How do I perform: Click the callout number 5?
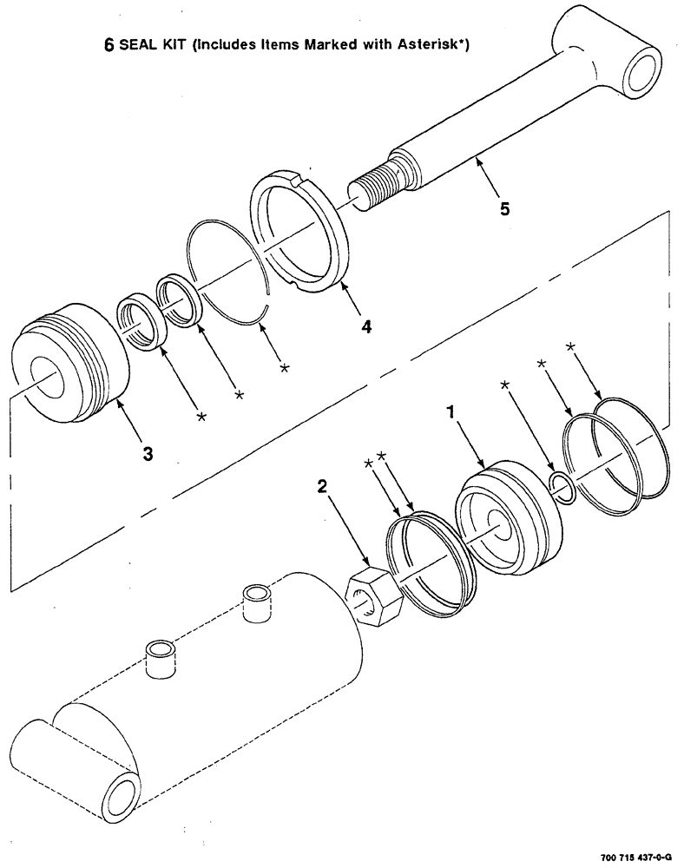pyautogui.click(x=504, y=209)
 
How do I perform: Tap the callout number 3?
pyautogui.click(x=148, y=452)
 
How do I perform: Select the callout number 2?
pyautogui.click(x=322, y=487)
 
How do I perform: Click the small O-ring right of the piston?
pyautogui.click(x=562, y=487)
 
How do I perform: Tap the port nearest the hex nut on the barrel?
pyautogui.click(x=255, y=602)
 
